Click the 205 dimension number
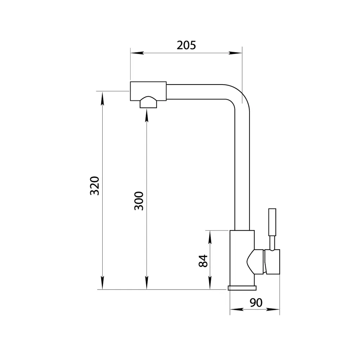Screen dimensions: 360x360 [186, 45]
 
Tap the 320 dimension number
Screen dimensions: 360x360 [95, 186]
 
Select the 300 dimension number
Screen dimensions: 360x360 [139, 201]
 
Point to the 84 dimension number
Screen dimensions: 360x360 [203, 261]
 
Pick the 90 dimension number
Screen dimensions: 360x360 [256, 303]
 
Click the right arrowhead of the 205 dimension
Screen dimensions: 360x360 [235, 53]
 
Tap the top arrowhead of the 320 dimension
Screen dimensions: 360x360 [102, 98]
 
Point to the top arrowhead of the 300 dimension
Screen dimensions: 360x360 [147, 116]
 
